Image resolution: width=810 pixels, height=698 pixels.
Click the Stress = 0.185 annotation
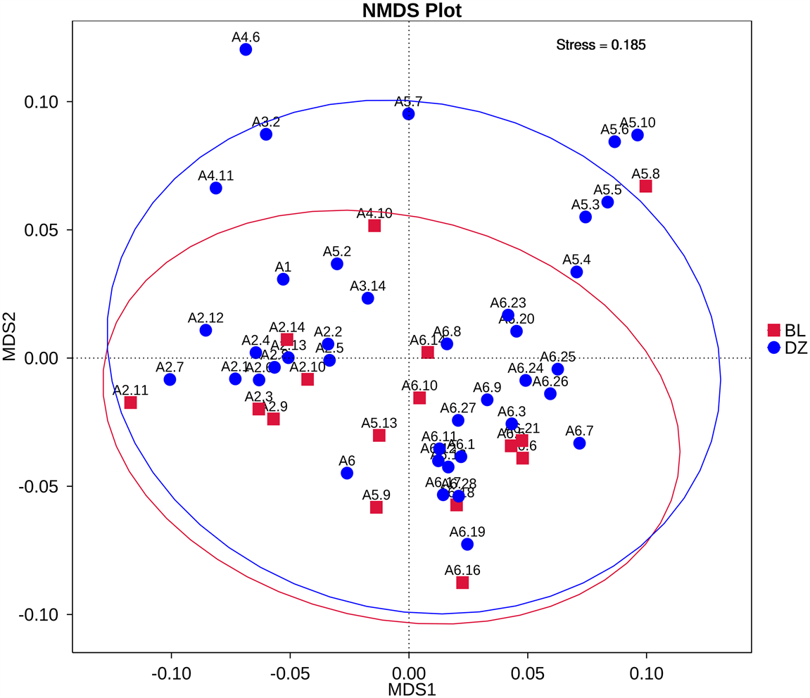[601, 45]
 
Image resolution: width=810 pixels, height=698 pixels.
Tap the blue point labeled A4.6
[246, 49]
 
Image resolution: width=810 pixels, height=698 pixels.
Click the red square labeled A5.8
[645, 186]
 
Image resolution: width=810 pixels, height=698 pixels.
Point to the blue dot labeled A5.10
[638, 135]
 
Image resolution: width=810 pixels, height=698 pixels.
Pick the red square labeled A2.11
[130, 402]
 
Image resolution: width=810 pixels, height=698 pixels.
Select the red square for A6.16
[462, 583]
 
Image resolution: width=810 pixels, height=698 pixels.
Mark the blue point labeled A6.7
[579, 443]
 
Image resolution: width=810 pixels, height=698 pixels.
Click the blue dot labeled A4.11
[216, 189]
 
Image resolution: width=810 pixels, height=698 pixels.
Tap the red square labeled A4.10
[374, 226]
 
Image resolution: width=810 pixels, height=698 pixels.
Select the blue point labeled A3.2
[266, 134]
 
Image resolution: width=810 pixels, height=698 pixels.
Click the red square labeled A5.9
[376, 507]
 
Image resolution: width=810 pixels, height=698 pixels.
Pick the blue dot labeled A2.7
[170, 379]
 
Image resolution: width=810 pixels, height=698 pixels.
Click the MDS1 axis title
[412, 689]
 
